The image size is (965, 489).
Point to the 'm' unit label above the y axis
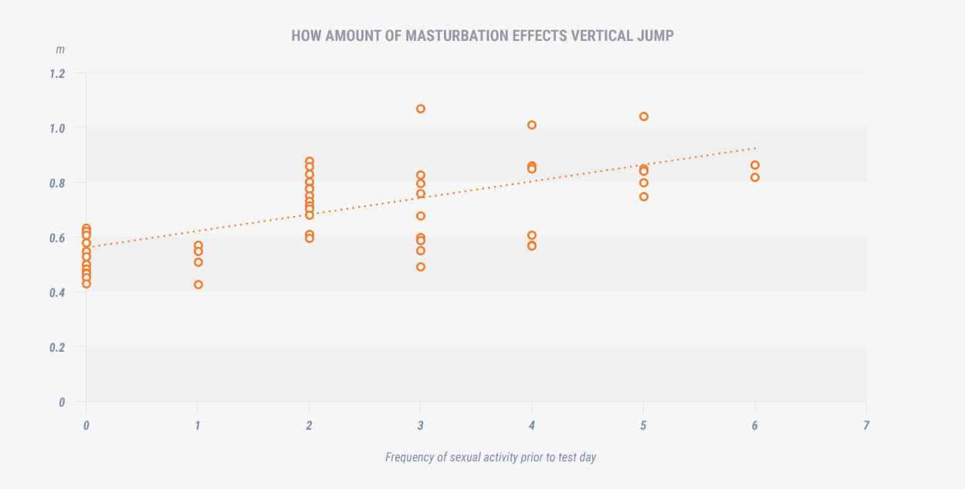59,49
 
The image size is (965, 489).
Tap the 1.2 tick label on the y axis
58,73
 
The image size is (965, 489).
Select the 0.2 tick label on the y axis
58,347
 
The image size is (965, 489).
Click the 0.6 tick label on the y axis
58,238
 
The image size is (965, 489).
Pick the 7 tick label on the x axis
866,425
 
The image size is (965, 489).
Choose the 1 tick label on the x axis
198,425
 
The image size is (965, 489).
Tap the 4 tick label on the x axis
532,425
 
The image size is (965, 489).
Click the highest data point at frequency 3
421,109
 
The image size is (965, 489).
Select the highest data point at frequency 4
532,125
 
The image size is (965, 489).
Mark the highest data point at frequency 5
644,116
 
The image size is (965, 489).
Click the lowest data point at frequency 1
198,285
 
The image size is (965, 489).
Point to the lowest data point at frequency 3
421,267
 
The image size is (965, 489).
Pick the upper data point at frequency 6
755,165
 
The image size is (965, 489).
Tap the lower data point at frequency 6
755,177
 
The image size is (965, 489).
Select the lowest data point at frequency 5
644,197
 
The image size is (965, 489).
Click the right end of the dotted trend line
756,147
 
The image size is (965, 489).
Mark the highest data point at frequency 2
310,161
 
